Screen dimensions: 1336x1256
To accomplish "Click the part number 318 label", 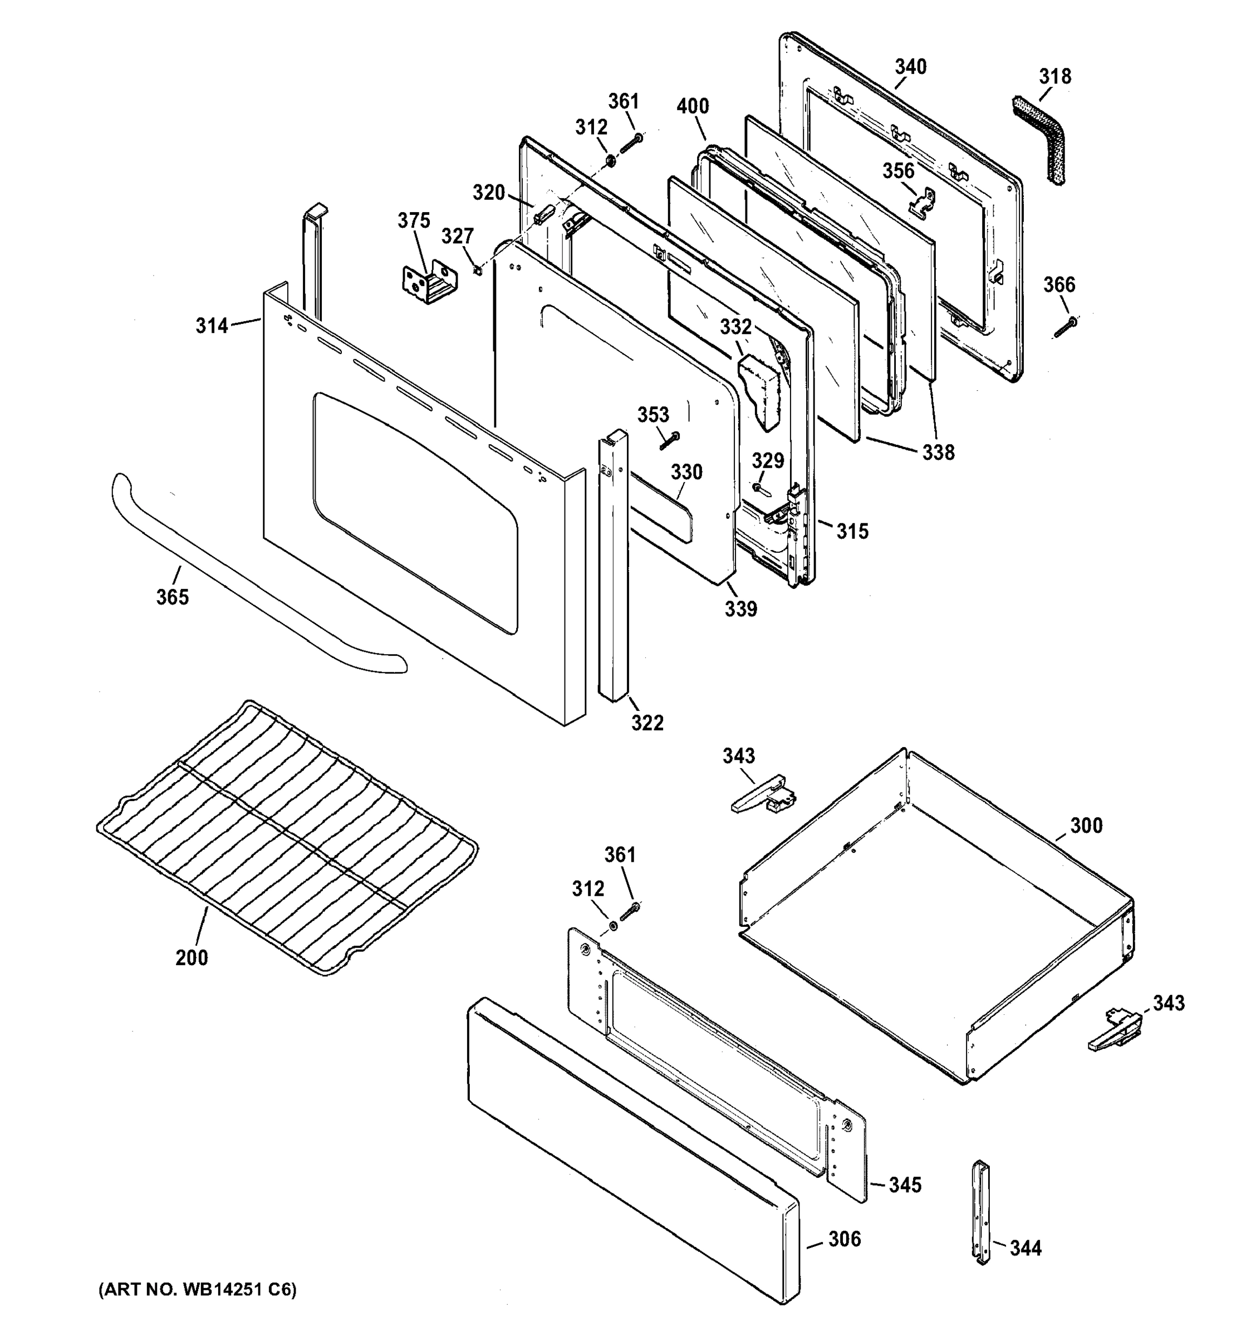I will coord(1055,77).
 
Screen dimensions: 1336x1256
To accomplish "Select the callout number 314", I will coord(212,326).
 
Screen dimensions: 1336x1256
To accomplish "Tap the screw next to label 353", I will coord(669,441).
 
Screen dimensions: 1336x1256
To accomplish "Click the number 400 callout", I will coord(692,106).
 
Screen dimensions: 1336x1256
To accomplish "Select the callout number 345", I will coord(905,1185).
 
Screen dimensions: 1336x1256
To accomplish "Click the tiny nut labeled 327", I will coord(477,270).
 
